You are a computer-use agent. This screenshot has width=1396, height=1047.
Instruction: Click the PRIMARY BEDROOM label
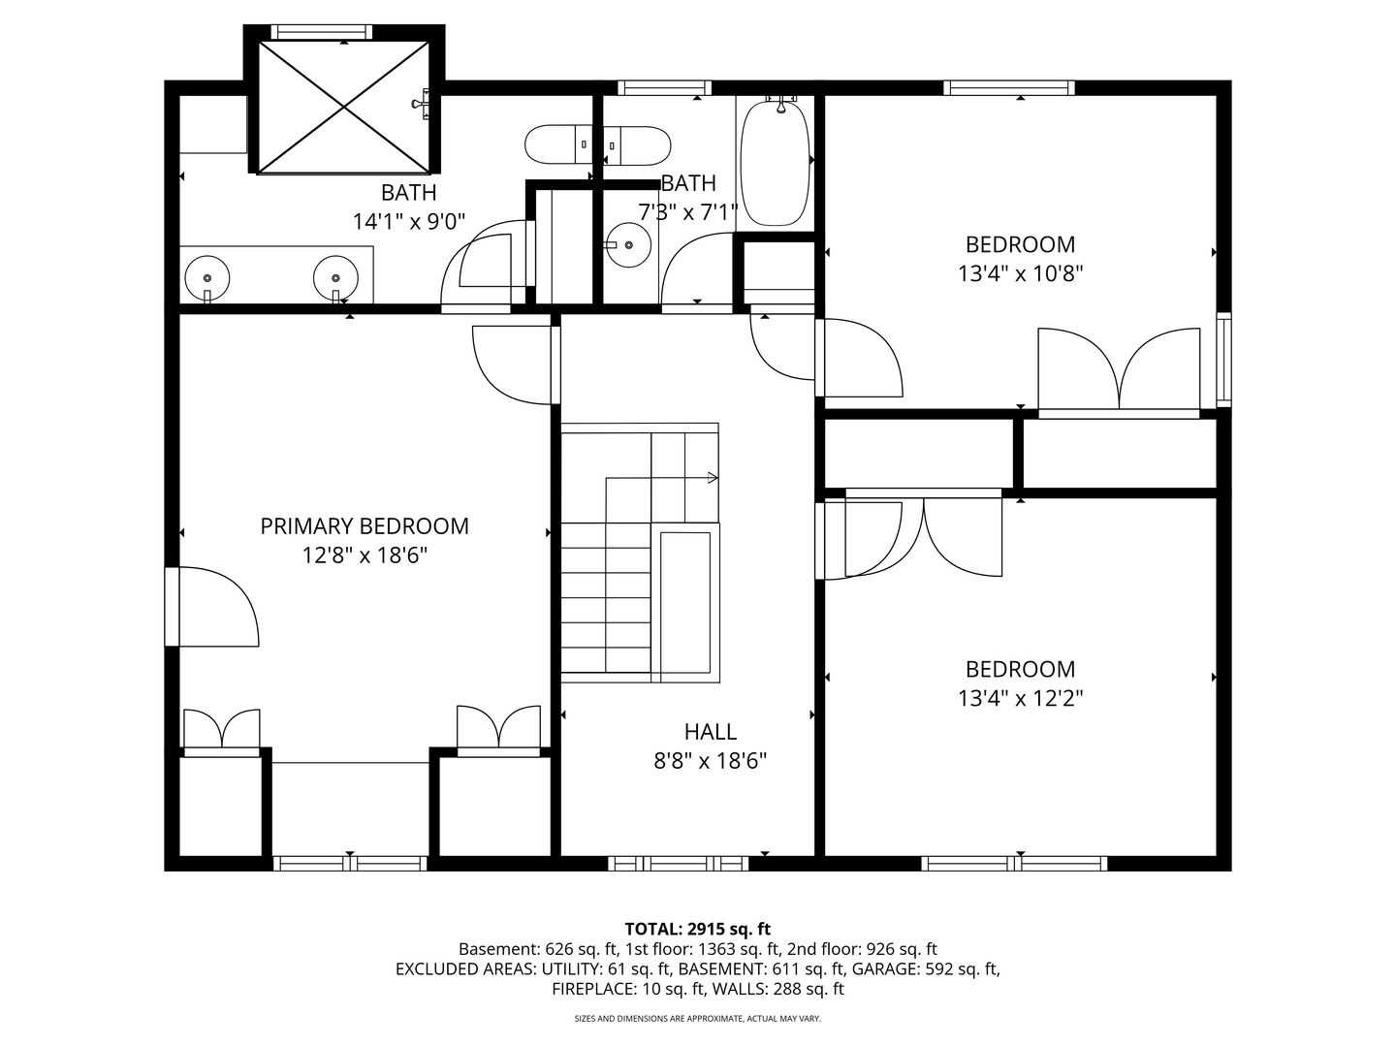[365, 526]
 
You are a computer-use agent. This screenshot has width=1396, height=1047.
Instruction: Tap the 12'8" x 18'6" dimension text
[365, 555]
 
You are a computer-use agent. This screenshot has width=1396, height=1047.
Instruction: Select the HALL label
[710, 732]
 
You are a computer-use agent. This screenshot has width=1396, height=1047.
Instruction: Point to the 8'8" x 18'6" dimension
[710, 761]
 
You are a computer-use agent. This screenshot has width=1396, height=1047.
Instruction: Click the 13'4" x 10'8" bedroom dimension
[1020, 273]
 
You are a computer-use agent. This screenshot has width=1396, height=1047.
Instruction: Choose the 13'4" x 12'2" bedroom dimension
[1020, 698]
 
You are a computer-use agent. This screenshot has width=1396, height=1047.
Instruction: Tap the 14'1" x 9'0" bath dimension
[408, 221]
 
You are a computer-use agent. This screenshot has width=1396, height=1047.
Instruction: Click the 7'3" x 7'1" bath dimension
[687, 211]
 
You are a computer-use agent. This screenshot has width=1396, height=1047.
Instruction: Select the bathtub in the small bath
[775, 162]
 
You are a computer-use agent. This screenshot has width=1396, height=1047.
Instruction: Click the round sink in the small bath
[629, 246]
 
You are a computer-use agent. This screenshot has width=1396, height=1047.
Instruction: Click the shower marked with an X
[343, 107]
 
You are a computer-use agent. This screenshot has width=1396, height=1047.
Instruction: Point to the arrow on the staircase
[712, 477]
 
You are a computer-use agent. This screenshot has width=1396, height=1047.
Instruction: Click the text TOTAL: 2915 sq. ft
[697, 929]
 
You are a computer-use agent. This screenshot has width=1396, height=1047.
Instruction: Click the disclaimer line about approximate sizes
[697, 1019]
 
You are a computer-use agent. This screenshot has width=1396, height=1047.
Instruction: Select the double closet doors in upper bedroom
[1119, 373]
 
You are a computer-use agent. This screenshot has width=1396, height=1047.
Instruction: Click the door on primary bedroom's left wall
[213, 607]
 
